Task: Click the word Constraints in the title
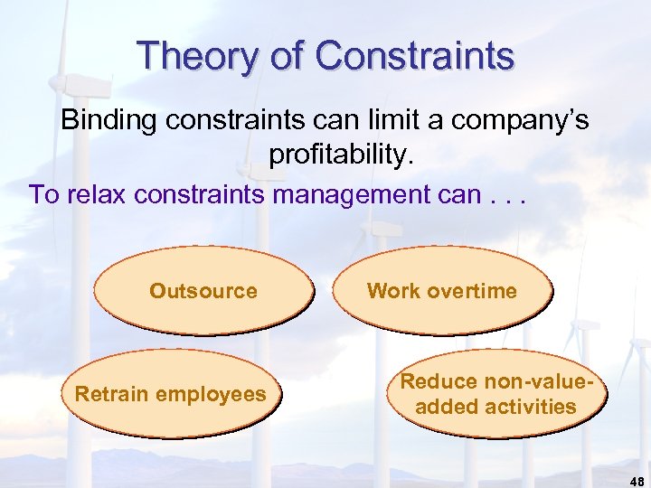pyautogui.click(x=415, y=55)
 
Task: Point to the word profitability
pyautogui.click(x=340, y=155)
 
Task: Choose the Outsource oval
pyautogui.click(x=203, y=291)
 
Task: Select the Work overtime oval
pyautogui.click(x=441, y=291)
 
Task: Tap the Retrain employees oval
pyautogui.click(x=171, y=394)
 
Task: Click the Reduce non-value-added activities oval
pyautogui.click(x=495, y=394)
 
